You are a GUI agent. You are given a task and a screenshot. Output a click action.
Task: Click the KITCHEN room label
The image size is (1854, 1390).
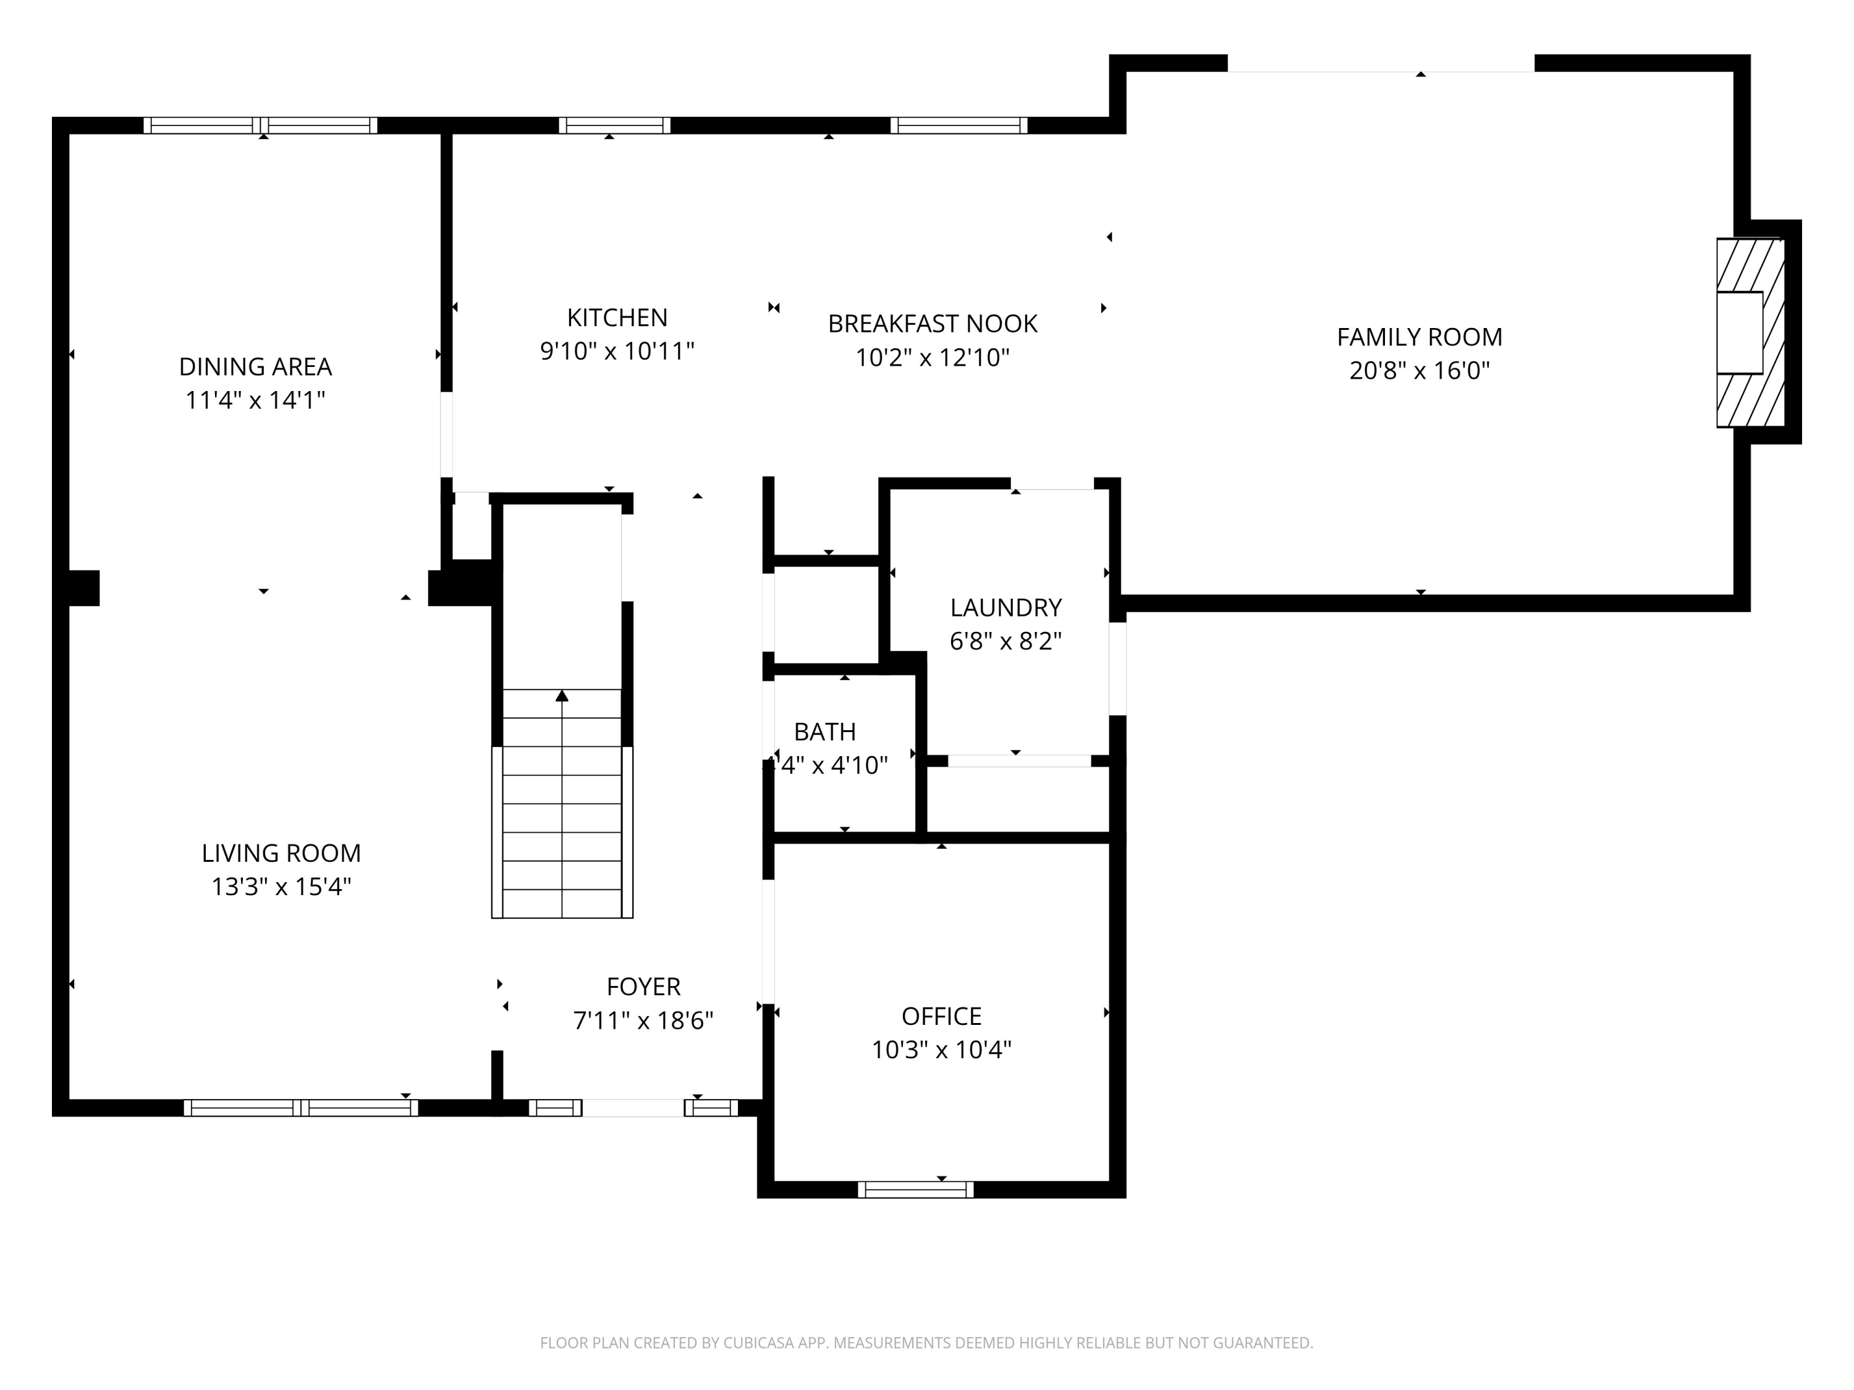click(x=617, y=318)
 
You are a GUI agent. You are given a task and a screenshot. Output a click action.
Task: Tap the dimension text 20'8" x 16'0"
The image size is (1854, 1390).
click(x=1419, y=370)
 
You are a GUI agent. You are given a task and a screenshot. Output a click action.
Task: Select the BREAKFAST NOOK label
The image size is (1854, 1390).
click(x=932, y=324)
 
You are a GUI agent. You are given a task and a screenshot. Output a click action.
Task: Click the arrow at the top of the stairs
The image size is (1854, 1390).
click(x=562, y=696)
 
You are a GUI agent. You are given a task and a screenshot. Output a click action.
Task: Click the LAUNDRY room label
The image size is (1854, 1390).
click(x=1005, y=607)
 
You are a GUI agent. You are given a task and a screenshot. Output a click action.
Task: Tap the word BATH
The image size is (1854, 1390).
click(x=825, y=732)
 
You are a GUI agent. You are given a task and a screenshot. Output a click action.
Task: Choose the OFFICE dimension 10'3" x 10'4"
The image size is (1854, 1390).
click(x=941, y=1050)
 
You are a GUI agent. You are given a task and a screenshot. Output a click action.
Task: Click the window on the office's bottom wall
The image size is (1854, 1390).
click(x=915, y=1189)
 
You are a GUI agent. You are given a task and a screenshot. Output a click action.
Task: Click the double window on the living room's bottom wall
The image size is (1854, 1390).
click(x=301, y=1108)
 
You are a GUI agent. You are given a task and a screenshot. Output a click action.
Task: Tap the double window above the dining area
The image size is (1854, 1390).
click(x=261, y=125)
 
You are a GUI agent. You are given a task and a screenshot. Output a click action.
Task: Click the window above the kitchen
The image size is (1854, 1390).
click(x=614, y=125)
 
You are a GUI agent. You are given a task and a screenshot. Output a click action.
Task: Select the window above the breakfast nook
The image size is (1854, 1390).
click(x=959, y=125)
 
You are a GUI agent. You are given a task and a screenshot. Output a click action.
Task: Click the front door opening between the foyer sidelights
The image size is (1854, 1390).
click(x=633, y=1108)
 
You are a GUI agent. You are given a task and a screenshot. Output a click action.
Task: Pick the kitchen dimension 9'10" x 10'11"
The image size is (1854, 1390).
click(x=617, y=351)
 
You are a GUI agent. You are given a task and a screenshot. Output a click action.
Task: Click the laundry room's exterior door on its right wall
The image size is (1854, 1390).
click(x=1117, y=668)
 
